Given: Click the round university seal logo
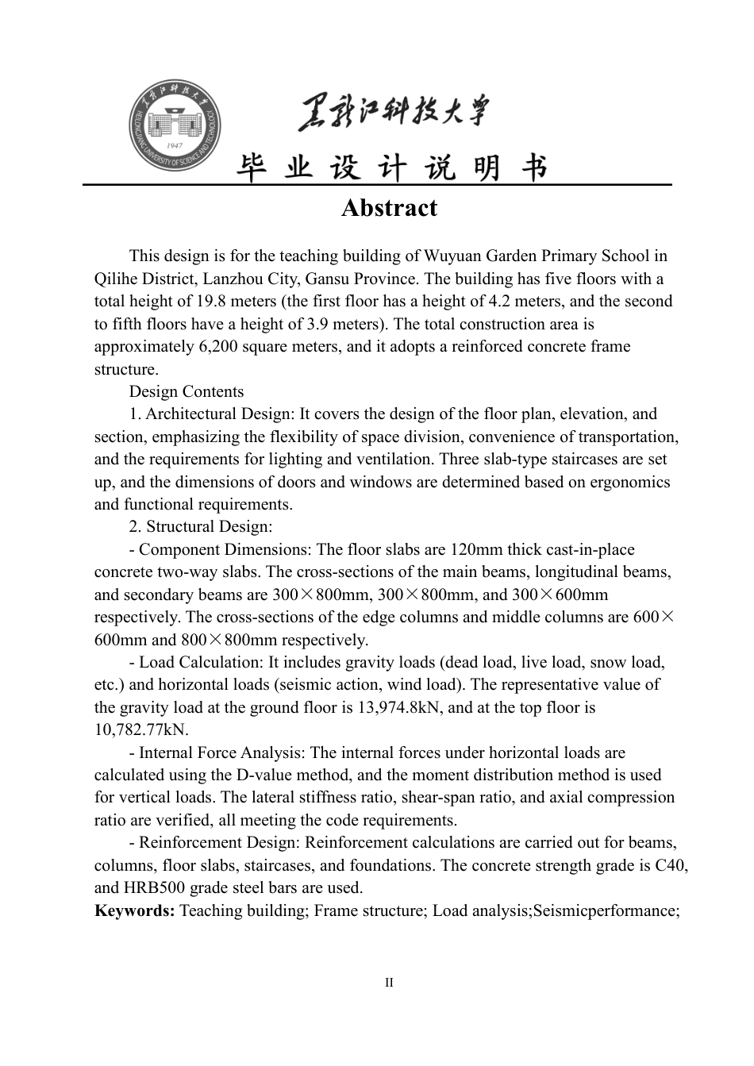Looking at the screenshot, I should click(175, 125).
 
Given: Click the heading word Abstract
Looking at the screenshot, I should click(389, 208).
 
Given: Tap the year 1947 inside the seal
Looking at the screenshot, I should click(175, 147).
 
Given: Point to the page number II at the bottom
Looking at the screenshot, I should click(389, 983).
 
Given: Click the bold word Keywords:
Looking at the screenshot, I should click(134, 910).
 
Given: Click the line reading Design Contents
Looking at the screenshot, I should click(187, 391).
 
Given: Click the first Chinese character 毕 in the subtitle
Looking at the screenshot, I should click(252, 167).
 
